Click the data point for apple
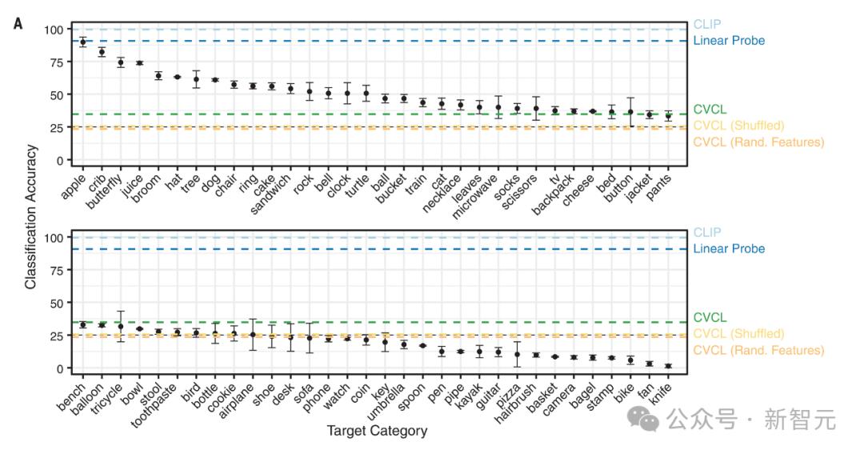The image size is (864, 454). click(x=82, y=42)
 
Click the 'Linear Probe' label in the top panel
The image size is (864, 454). click(x=729, y=41)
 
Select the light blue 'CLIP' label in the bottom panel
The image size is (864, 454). click(x=707, y=232)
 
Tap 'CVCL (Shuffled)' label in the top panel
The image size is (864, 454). click(x=738, y=126)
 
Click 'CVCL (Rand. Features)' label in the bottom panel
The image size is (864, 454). click(x=758, y=350)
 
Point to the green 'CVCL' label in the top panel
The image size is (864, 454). click(x=710, y=109)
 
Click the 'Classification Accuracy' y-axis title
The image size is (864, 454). click(x=30, y=216)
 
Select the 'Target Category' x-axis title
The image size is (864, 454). click(x=377, y=432)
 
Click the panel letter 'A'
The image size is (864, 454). click(x=18, y=23)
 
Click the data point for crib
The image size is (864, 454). click(x=102, y=52)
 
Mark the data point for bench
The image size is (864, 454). click(x=82, y=325)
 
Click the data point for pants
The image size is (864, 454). click(x=668, y=116)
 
